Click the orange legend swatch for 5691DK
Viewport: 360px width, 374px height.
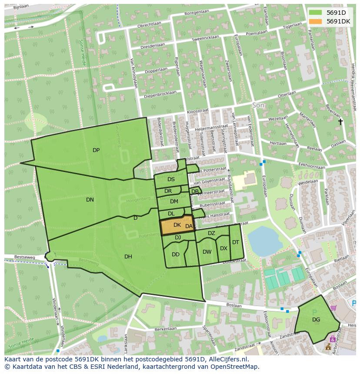[316, 21]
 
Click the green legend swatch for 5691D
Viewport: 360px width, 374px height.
[316, 13]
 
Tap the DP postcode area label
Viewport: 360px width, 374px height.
[96, 150]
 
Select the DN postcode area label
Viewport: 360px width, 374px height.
[90, 200]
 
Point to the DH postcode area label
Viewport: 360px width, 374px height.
[128, 257]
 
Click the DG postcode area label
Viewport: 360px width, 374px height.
[316, 320]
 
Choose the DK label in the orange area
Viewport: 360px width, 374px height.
[177, 225]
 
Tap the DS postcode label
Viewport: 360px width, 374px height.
[171, 179]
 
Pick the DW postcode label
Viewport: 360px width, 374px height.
[207, 252]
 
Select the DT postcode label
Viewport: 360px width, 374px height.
[235, 242]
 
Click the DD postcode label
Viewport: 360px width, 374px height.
[176, 255]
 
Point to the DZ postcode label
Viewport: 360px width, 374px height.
[211, 233]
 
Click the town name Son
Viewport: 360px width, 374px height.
[258, 106]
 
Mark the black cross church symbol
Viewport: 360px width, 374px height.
[340, 122]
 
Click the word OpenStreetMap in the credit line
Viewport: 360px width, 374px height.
[235, 367]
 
